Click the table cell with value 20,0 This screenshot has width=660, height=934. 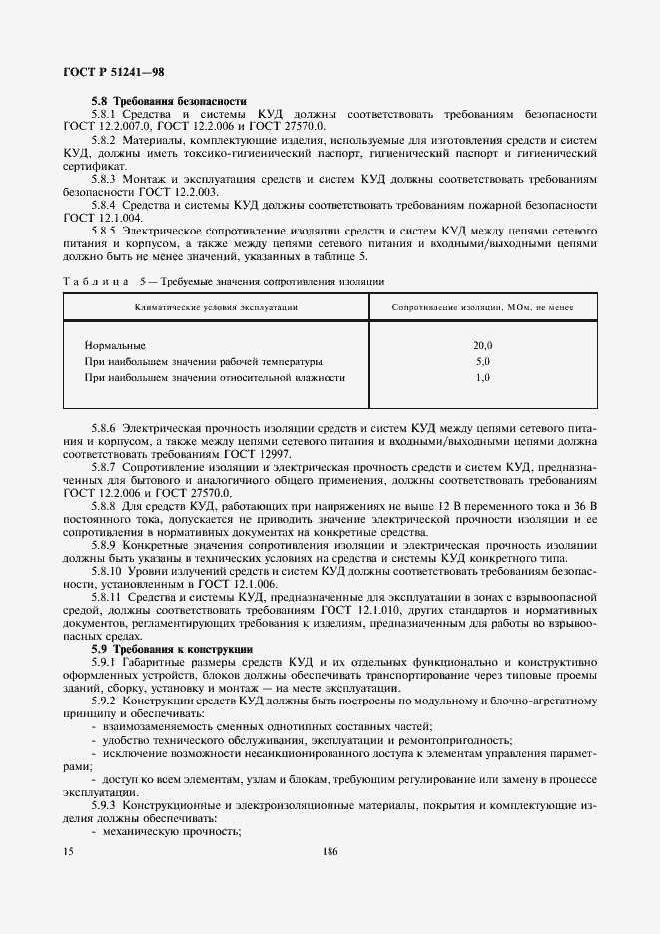[x=483, y=345]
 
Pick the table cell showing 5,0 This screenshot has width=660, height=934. [x=483, y=361]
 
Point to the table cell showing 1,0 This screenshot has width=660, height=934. [x=483, y=378]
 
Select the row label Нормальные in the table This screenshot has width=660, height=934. [x=115, y=345]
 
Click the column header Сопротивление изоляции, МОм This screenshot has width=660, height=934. [x=483, y=306]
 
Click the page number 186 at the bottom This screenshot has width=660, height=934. [x=330, y=851]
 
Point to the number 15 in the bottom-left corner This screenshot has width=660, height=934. [x=68, y=851]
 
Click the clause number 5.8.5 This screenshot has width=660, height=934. [x=106, y=231]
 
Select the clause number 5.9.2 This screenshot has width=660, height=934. [x=106, y=701]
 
